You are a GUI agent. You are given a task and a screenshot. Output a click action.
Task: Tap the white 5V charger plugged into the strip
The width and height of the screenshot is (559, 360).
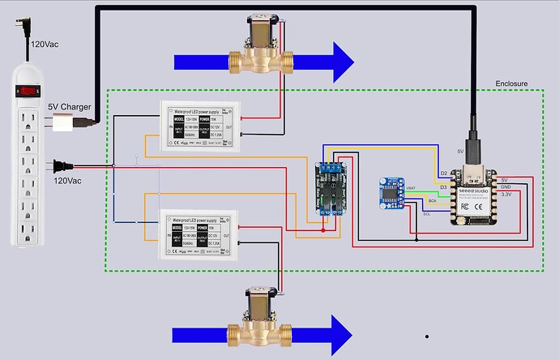64,123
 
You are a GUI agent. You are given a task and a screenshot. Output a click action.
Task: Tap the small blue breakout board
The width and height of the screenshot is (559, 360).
392,192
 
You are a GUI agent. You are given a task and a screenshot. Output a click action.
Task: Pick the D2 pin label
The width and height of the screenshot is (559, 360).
443,174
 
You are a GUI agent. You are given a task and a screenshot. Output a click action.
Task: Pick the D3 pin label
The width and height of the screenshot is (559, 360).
443,187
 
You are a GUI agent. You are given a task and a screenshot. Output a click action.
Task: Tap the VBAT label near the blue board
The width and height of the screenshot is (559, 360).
413,188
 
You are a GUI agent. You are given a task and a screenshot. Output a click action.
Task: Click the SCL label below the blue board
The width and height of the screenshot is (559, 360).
427,214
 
